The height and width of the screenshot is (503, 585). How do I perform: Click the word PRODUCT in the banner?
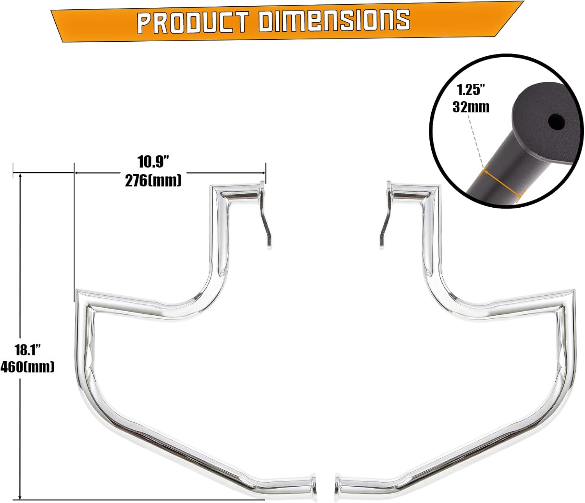coord(192,22)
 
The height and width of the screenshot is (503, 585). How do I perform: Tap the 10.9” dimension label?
coord(153,162)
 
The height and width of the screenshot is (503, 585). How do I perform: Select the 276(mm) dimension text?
coord(153,180)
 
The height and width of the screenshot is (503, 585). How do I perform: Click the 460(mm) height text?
coord(27,367)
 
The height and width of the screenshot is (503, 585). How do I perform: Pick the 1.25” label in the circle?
coord(471,90)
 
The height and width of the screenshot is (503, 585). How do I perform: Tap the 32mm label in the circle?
coord(471,107)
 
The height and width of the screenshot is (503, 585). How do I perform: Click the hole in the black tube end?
coord(556,122)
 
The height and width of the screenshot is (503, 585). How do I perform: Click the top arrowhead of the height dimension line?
coord(20,176)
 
